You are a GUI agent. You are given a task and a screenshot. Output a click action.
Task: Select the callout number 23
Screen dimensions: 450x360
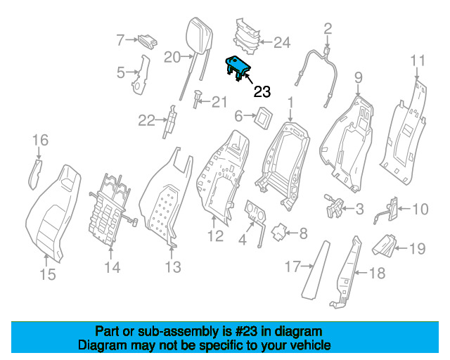(x=262, y=92)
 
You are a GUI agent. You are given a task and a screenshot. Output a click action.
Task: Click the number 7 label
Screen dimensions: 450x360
(x=120, y=40)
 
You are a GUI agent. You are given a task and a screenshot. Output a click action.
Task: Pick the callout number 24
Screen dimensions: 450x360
(x=282, y=42)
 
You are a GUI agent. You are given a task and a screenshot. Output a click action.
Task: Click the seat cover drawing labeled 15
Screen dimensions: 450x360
(x=53, y=213)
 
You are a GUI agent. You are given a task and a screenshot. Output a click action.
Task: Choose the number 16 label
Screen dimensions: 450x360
(x=41, y=140)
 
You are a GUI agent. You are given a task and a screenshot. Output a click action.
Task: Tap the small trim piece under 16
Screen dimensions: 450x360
(x=35, y=174)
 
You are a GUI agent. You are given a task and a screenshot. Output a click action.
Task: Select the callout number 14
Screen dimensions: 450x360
(x=112, y=267)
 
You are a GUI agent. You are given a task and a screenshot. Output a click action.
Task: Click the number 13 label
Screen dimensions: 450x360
(x=173, y=267)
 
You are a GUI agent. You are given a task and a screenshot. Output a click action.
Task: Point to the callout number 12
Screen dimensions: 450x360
(x=216, y=236)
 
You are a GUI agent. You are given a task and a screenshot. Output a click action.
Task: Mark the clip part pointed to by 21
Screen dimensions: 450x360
(x=197, y=98)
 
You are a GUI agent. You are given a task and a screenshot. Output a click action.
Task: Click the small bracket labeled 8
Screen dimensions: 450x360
(x=279, y=232)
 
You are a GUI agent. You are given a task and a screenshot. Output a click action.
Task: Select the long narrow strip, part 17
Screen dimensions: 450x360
(x=316, y=270)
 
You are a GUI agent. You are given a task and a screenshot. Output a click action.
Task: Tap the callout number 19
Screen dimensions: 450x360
(x=417, y=249)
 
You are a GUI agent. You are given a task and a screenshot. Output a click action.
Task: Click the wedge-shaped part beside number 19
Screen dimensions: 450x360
(x=385, y=245)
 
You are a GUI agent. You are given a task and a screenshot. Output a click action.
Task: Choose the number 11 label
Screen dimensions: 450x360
(x=418, y=61)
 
